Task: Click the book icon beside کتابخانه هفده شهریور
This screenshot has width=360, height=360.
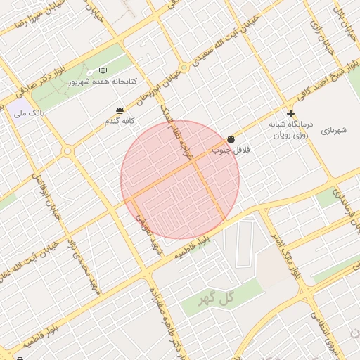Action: (104, 71)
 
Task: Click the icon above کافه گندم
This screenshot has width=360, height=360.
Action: (120, 110)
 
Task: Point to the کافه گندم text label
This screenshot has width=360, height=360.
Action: (120, 121)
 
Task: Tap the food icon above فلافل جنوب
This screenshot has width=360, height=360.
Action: (231, 139)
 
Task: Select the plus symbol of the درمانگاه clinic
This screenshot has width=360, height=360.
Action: (290, 113)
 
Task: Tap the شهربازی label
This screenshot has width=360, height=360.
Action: (335, 131)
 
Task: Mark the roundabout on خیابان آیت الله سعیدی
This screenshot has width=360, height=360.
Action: (184, 68)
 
